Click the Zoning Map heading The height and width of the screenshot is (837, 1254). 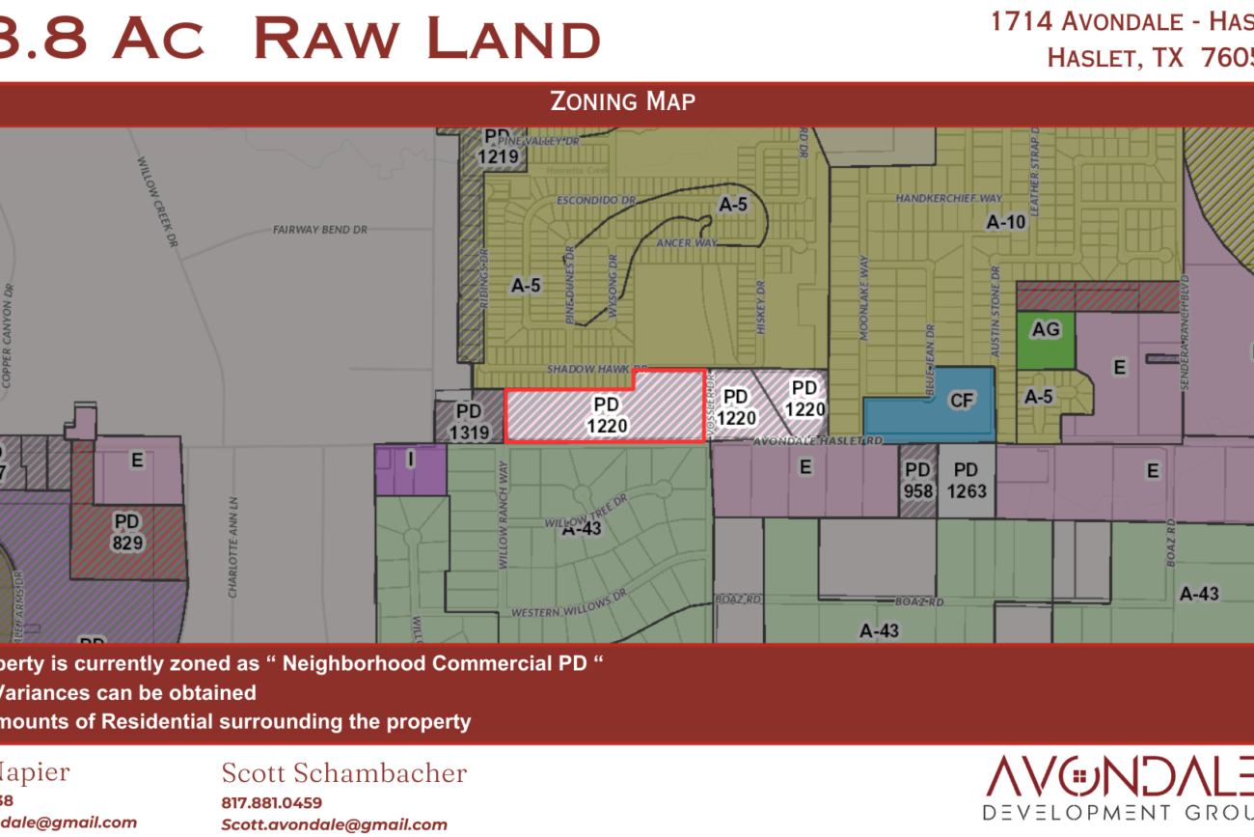(x=622, y=101)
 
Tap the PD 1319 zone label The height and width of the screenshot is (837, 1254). (x=469, y=423)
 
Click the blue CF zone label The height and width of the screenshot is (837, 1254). (x=962, y=401)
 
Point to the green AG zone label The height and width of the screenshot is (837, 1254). (x=1046, y=330)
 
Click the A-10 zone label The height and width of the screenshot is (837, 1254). (x=1006, y=222)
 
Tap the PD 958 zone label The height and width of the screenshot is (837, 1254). (x=917, y=480)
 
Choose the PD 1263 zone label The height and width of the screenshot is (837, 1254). (x=966, y=480)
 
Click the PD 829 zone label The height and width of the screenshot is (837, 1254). (x=127, y=532)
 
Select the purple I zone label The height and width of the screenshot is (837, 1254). (x=410, y=460)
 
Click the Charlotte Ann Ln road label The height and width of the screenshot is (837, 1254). (x=233, y=547)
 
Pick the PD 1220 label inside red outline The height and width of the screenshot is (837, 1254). (x=606, y=414)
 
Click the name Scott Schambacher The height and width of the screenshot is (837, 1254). (x=344, y=773)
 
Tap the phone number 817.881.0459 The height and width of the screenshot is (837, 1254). (x=272, y=802)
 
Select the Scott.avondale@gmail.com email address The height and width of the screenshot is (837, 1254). (x=334, y=824)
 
